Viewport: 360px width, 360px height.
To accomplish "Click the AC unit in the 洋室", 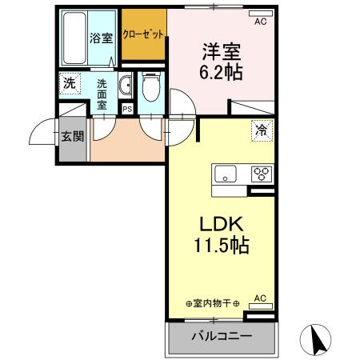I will pos(258,22).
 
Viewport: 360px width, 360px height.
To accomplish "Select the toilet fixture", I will pos(150,88).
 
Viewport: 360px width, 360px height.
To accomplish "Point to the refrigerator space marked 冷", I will pos(261,129).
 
